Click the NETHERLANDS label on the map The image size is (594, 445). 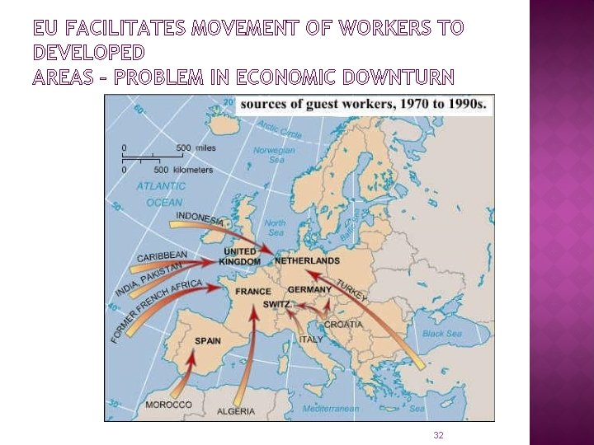(306, 260)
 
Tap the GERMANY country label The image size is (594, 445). (309, 290)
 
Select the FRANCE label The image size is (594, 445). (252, 292)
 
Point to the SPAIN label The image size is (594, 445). (207, 340)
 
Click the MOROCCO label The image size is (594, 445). (168, 405)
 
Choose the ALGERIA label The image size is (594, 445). (236, 411)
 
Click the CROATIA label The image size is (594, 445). (342, 324)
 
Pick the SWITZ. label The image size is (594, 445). (276, 304)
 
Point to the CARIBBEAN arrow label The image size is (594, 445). (162, 256)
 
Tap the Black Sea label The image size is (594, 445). (442, 334)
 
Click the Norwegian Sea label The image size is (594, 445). (274, 156)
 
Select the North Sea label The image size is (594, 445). (275, 227)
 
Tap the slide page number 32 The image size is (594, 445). (438, 434)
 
